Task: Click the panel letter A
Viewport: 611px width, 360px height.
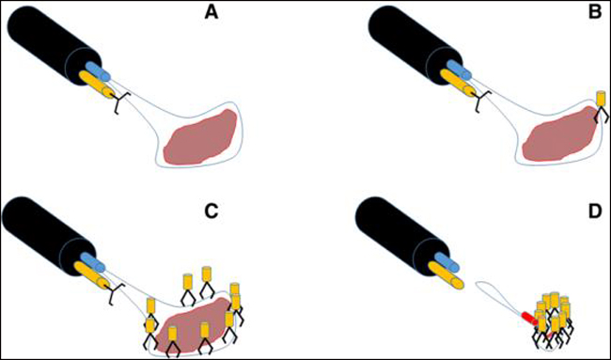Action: coord(212,13)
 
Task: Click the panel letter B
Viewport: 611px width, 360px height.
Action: coord(595,13)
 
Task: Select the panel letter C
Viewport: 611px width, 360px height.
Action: coord(211,211)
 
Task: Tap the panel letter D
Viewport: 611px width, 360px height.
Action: coord(595,211)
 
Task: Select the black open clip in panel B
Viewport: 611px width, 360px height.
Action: coord(479,101)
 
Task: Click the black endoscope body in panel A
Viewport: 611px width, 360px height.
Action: coord(51,43)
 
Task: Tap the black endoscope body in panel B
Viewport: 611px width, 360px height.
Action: coord(411,43)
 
